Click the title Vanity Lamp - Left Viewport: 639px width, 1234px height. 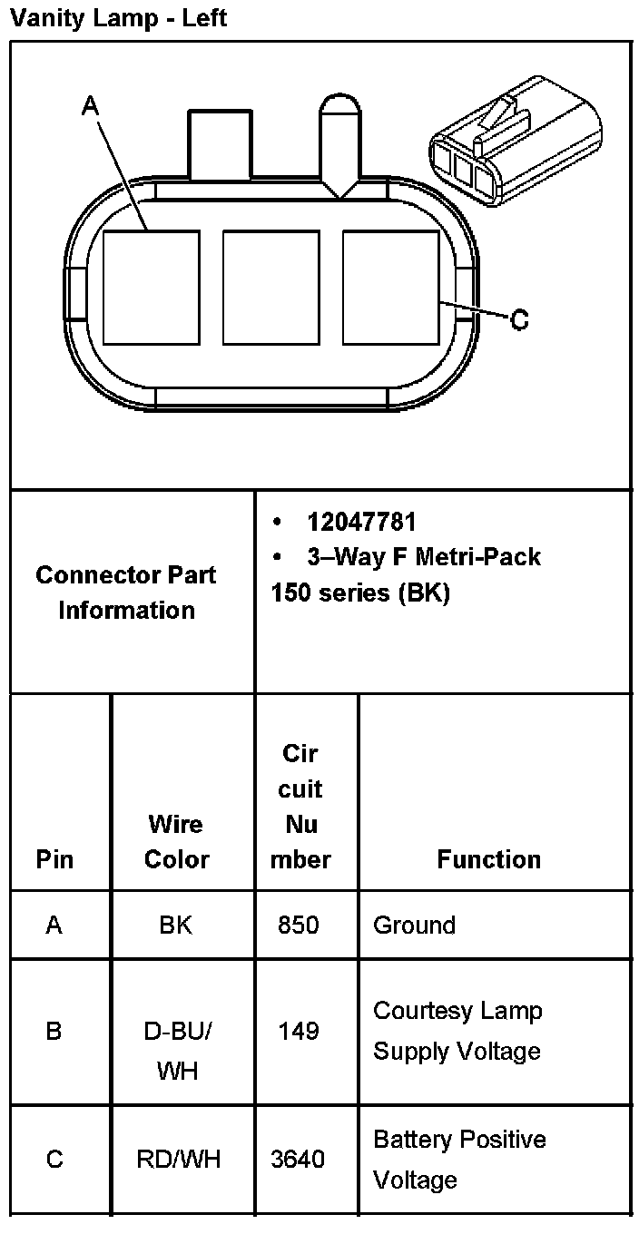pyautogui.click(x=118, y=18)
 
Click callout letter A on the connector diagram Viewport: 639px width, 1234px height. pyautogui.click(x=90, y=106)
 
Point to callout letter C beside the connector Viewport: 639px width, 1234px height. pyautogui.click(x=518, y=319)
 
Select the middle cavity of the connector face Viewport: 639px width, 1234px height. pyautogui.click(x=270, y=288)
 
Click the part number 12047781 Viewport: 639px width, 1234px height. pyautogui.click(x=361, y=522)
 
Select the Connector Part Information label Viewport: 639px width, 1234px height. pyautogui.click(x=126, y=592)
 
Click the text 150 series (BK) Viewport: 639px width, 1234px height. pyautogui.click(x=360, y=593)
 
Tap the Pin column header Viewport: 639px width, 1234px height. pyautogui.click(x=54, y=858)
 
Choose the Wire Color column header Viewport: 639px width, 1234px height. pyautogui.click(x=177, y=841)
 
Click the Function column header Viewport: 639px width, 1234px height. pyautogui.click(x=488, y=858)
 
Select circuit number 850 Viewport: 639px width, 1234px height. pyautogui.click(x=300, y=925)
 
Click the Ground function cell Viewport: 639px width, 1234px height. pyautogui.click(x=414, y=925)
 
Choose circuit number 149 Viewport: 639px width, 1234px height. pyautogui.click(x=300, y=1032)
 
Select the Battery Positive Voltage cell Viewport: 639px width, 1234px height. pyautogui.click(x=459, y=1159)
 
